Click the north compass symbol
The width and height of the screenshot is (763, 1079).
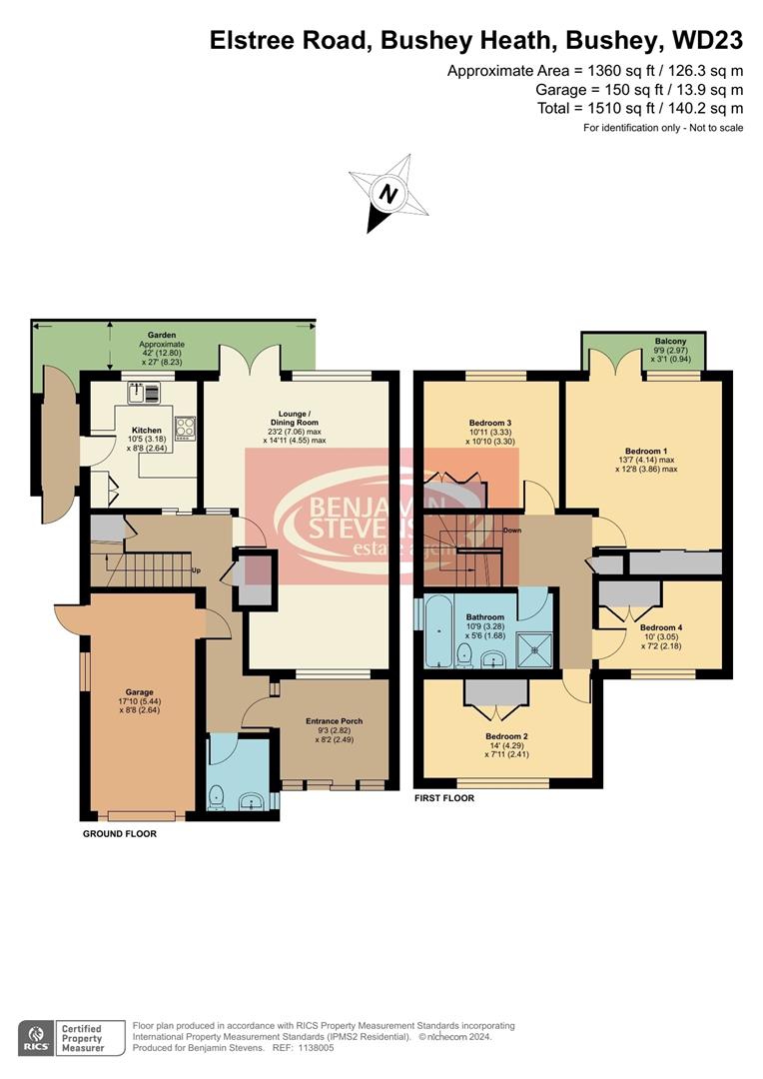[388, 192]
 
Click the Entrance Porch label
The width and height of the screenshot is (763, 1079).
[334, 720]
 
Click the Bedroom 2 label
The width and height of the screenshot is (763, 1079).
[505, 736]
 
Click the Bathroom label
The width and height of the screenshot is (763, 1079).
[485, 617]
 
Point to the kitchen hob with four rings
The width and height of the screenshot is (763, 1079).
[185, 428]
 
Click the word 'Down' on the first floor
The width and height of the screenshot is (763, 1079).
[512, 531]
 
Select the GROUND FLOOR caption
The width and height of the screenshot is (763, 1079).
[119, 833]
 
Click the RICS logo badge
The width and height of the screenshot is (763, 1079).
[37, 1035]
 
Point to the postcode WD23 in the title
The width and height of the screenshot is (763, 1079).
[706, 41]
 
